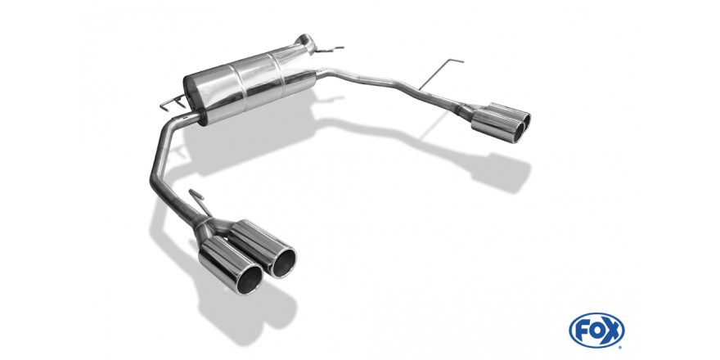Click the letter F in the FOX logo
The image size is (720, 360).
point(581,331)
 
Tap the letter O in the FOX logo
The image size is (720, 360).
point(596,331)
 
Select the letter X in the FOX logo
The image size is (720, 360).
point(613,331)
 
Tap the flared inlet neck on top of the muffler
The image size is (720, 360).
point(304,43)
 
